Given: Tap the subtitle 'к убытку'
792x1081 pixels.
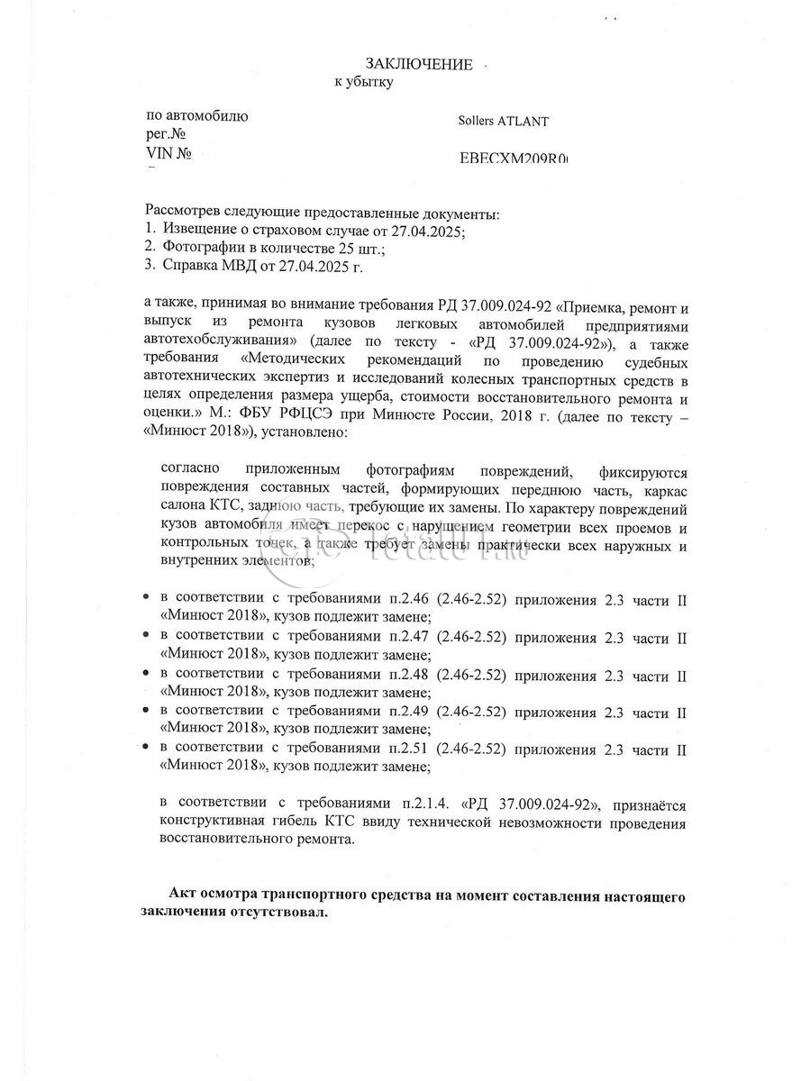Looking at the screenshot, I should point(364,82).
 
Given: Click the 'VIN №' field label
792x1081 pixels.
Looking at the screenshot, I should point(169,154).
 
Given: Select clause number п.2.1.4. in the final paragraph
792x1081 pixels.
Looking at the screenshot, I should point(427,804).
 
